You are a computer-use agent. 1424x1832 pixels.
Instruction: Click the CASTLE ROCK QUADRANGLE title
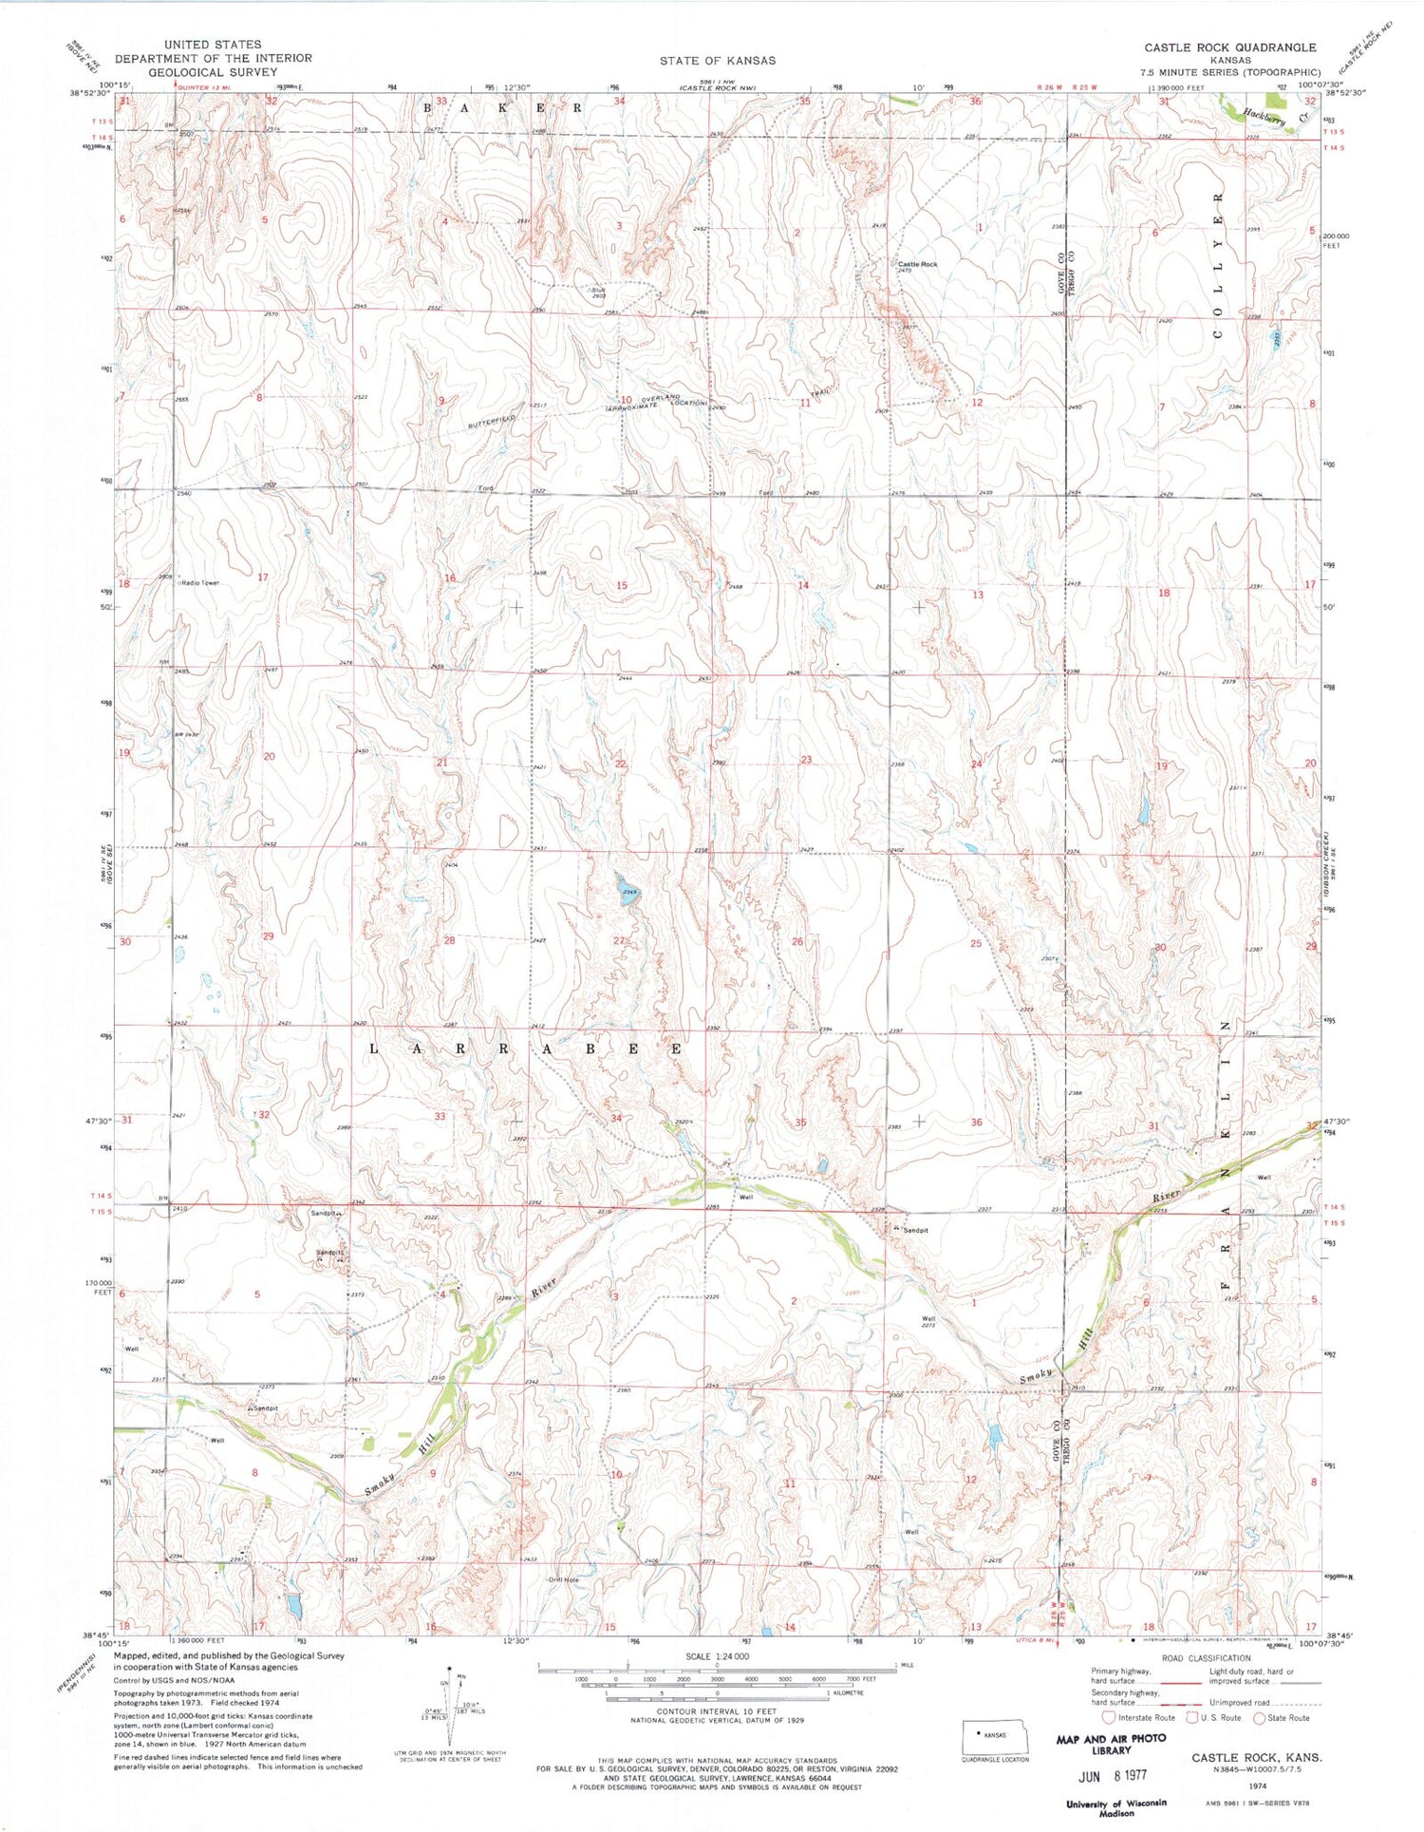point(1229,47)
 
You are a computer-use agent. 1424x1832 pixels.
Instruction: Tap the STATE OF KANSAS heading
point(718,60)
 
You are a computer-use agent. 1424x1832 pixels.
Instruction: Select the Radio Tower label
point(201,583)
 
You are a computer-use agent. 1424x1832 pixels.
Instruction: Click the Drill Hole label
point(563,1580)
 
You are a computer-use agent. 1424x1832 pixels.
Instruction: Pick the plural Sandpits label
point(330,1253)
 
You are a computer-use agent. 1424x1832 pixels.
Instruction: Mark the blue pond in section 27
point(627,890)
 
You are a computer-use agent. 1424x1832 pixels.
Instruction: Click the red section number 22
point(621,764)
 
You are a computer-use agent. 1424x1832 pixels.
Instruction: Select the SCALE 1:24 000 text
point(717,1656)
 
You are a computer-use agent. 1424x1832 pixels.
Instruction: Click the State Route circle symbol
point(1259,1717)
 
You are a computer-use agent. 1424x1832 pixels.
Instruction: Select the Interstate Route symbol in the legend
point(1108,1717)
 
